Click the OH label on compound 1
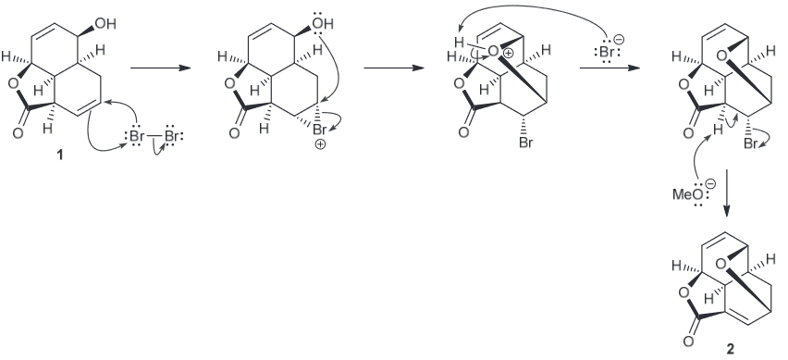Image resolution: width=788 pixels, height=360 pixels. pos(106,24)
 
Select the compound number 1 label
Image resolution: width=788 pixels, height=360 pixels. pos(60,155)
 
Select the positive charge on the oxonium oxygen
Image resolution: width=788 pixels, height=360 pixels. pos(508,53)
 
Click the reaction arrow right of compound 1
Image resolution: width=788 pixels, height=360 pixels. pos(160,68)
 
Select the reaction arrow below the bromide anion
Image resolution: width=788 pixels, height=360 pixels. pos(609,68)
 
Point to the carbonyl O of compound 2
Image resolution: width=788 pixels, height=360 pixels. pos(688,341)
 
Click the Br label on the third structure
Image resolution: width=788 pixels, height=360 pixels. pos(525,143)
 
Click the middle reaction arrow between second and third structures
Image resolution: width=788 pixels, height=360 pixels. pos(394,68)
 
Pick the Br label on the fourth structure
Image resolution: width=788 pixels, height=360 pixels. pos(751,143)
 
